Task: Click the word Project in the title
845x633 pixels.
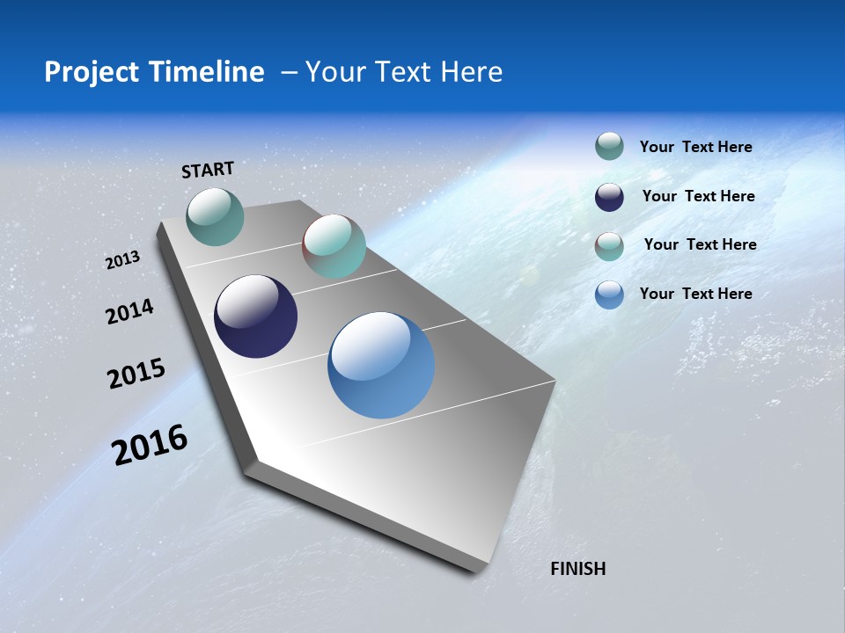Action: pyautogui.click(x=92, y=72)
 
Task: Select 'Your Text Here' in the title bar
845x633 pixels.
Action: pyautogui.click(x=404, y=72)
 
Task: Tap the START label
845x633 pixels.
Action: pyautogui.click(x=208, y=170)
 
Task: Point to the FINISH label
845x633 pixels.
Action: pyautogui.click(x=577, y=569)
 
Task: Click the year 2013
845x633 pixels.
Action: pyautogui.click(x=123, y=260)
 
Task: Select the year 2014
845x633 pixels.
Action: pyautogui.click(x=130, y=312)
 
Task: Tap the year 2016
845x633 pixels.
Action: pyautogui.click(x=150, y=445)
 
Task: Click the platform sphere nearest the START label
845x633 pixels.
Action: pyautogui.click(x=216, y=216)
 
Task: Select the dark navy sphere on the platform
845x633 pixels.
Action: pyautogui.click(x=255, y=316)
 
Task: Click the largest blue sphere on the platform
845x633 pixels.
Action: pyautogui.click(x=381, y=365)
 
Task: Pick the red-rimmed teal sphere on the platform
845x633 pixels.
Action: pyautogui.click(x=334, y=246)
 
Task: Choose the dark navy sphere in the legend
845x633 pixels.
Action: pyautogui.click(x=609, y=197)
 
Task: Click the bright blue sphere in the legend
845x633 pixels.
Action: pyautogui.click(x=609, y=295)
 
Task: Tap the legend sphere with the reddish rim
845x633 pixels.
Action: pyautogui.click(x=609, y=246)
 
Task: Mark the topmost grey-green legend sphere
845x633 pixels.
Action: pyautogui.click(x=609, y=147)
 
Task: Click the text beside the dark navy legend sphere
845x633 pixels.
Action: pyautogui.click(x=698, y=196)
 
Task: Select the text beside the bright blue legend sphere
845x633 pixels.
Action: pyautogui.click(x=695, y=294)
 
